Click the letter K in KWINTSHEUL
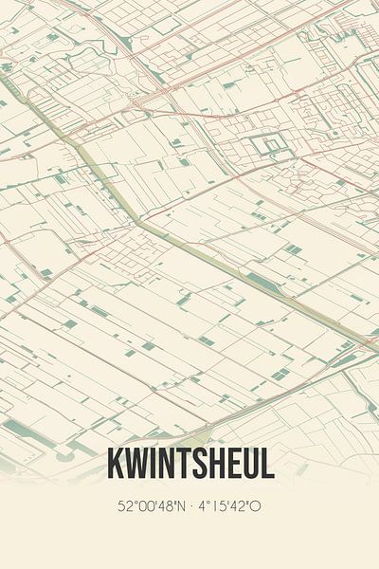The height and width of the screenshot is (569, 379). [x=116, y=465]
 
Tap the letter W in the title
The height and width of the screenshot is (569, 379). [x=136, y=465]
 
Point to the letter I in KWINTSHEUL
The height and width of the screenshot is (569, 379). [x=153, y=465]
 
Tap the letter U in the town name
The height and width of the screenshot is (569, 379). [x=254, y=465]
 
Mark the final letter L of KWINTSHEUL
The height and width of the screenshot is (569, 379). [x=269, y=465]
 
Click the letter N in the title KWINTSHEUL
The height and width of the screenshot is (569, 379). [x=168, y=465]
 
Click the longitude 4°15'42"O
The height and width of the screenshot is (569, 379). [x=229, y=506]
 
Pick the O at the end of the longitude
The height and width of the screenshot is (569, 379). [x=256, y=506]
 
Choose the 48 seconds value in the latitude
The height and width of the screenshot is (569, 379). [x=164, y=506]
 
